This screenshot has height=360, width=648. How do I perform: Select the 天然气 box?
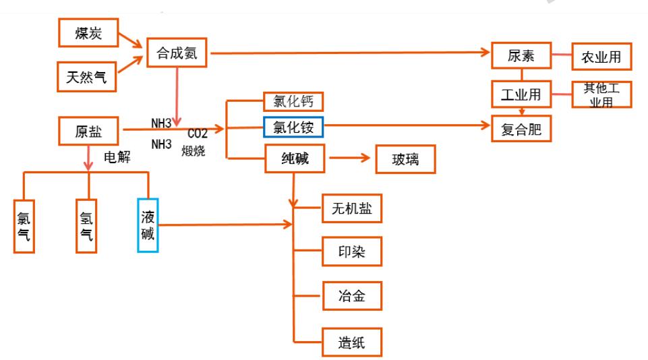(x=86, y=76)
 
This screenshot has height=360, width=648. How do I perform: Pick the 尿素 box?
(x=521, y=57)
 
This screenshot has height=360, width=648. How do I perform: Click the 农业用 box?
(x=600, y=57)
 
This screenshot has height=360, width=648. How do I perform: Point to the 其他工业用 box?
(x=601, y=94)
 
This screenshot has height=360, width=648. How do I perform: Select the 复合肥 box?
(x=521, y=129)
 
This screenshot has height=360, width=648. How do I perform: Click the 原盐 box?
(x=88, y=129)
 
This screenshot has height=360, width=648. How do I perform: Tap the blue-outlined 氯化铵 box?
(x=293, y=125)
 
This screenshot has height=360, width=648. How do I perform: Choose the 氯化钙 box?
(x=293, y=101)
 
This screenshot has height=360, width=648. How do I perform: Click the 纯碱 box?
(x=295, y=159)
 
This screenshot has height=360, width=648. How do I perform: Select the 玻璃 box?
(x=405, y=160)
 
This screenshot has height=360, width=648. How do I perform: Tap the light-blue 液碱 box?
(x=148, y=225)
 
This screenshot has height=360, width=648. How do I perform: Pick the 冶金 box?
(x=352, y=295)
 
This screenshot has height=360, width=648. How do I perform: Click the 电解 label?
(x=116, y=158)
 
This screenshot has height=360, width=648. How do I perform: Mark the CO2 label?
(x=198, y=133)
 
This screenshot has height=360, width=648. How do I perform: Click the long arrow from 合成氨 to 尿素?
(x=351, y=53)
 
